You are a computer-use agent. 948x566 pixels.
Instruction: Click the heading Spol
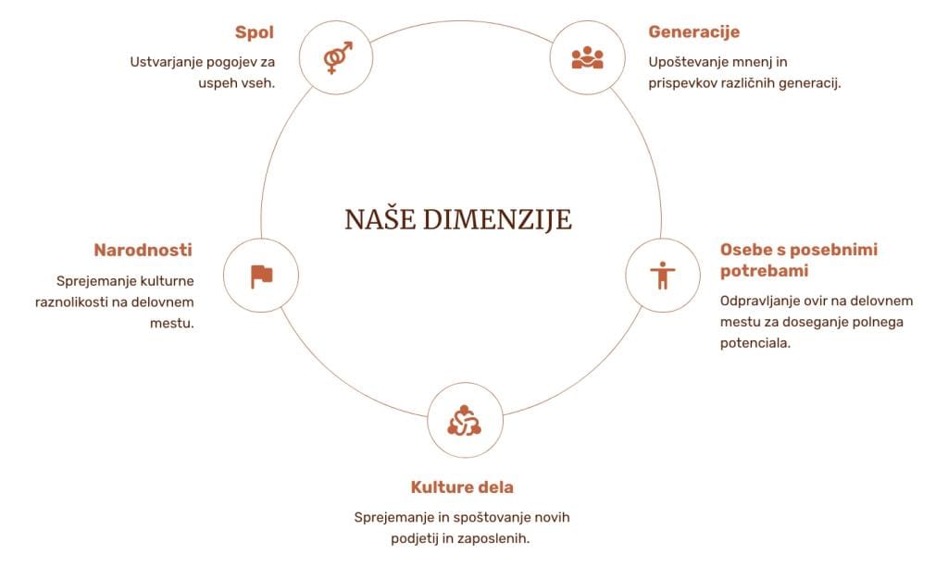pos(255,32)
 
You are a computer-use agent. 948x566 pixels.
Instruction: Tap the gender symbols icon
pos(336,57)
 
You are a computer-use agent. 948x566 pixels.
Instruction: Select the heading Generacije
pos(693,32)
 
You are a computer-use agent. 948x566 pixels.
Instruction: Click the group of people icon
pos(587,57)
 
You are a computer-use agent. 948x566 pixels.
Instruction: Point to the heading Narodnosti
pos(143,250)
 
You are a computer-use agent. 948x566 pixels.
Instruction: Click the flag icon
pos(262,276)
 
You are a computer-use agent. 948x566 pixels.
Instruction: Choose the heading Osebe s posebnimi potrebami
pos(798,260)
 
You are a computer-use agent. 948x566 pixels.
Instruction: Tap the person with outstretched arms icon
pos(662,275)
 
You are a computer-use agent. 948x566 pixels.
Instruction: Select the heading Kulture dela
pos(462,487)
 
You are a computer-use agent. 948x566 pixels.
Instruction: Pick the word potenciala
pos(755,343)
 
